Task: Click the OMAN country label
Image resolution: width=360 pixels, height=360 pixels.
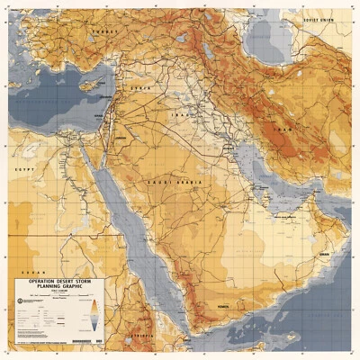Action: click(x=325, y=255)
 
